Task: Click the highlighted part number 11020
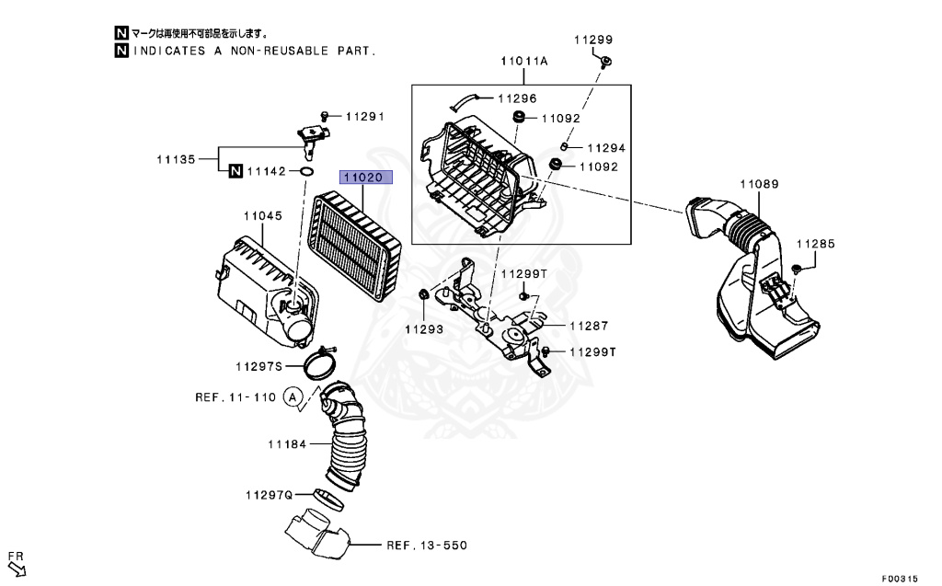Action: [366, 177]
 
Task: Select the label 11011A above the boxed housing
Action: [524, 61]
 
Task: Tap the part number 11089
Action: [761, 184]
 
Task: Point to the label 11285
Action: [815, 244]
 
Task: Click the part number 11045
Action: [262, 215]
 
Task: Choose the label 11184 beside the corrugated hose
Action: [286, 444]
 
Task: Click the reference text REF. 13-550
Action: [426, 546]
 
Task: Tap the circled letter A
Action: [293, 397]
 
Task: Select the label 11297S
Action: [258, 365]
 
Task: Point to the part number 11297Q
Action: [269, 494]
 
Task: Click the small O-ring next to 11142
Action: [306, 171]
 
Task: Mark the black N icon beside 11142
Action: [235, 170]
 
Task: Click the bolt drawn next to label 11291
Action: [327, 115]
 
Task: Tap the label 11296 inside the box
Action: [518, 98]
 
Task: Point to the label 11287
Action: [589, 326]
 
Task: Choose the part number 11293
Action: [423, 328]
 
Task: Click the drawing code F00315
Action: [899, 579]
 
